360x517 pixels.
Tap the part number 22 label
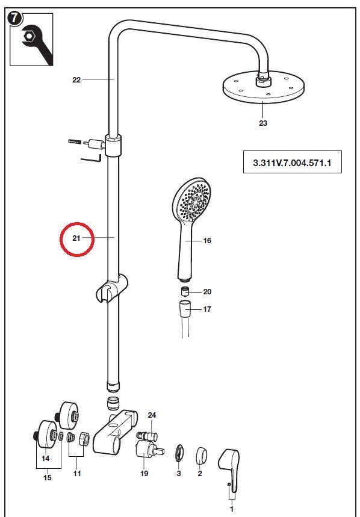tap(76, 79)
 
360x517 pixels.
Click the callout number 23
tap(262, 123)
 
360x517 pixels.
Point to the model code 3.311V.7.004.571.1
tap(292, 163)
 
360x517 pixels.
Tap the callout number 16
tap(207, 241)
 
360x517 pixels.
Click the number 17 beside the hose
tap(207, 309)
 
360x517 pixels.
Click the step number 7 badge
tap(15, 19)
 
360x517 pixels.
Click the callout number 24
tap(152, 415)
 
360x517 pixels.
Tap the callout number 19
tap(144, 474)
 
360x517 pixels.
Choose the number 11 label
tap(76, 474)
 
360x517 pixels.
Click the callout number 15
tap(48, 477)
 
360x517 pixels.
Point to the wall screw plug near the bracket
tap(74, 141)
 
